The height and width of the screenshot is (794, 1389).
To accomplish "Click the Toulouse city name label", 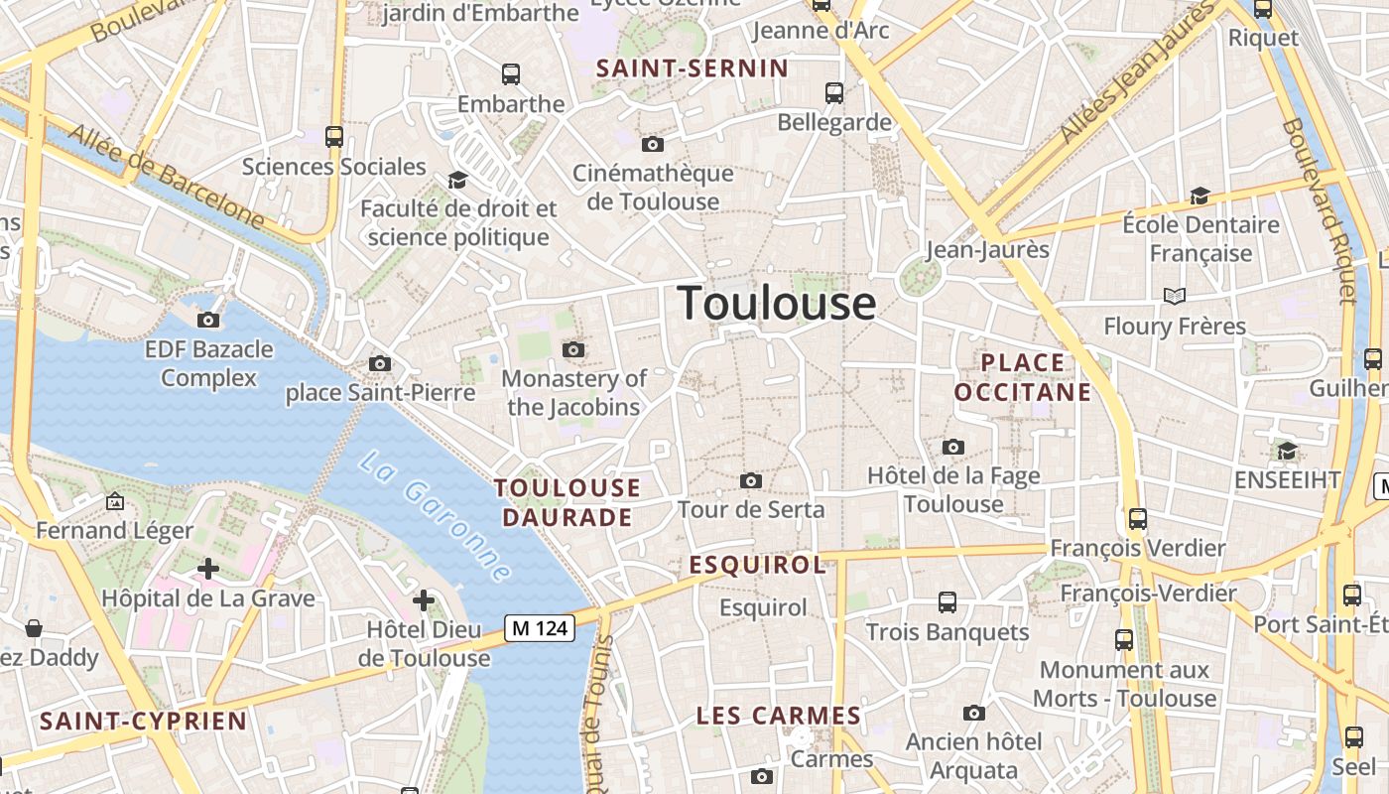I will (x=777, y=303).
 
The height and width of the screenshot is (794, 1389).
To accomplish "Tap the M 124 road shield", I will (x=540, y=628).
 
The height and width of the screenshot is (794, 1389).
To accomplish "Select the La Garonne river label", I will (x=437, y=516).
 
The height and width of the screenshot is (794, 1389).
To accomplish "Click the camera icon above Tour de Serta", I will (x=751, y=481).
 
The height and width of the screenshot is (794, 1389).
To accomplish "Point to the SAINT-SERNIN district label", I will (x=693, y=68).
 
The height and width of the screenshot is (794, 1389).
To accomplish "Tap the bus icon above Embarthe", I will (x=511, y=74).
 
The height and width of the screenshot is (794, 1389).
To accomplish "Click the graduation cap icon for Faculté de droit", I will (x=457, y=180).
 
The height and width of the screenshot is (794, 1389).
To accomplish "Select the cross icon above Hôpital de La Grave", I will (x=208, y=569).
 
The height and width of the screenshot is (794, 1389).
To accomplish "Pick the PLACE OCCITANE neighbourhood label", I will (x=1023, y=377).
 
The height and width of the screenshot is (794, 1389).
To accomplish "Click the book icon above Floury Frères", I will (x=1175, y=296).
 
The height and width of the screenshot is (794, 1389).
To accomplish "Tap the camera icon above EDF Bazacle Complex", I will (x=208, y=320).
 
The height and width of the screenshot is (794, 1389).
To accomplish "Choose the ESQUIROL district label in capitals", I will (x=758, y=566).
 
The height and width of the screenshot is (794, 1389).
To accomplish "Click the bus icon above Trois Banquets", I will (x=947, y=601).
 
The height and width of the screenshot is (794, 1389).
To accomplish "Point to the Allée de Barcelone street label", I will (x=167, y=177).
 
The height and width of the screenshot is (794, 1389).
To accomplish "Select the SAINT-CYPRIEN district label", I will (x=143, y=721).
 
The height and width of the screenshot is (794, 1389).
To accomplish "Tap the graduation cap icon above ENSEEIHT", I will (x=1287, y=451).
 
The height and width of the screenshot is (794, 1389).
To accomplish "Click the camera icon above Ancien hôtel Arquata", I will (x=974, y=713).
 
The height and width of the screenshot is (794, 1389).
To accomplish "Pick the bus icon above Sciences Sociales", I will (x=334, y=137).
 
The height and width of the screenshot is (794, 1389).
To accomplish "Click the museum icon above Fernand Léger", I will (x=115, y=502).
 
